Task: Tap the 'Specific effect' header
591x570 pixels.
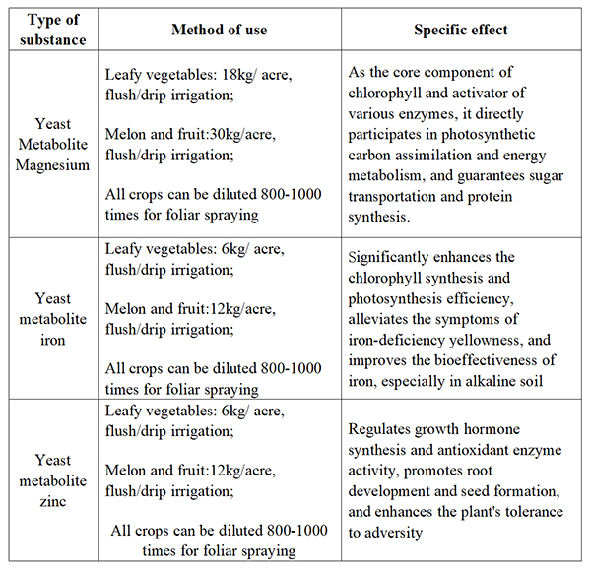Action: tap(461, 30)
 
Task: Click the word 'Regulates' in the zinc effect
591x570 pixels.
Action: tap(382, 429)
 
